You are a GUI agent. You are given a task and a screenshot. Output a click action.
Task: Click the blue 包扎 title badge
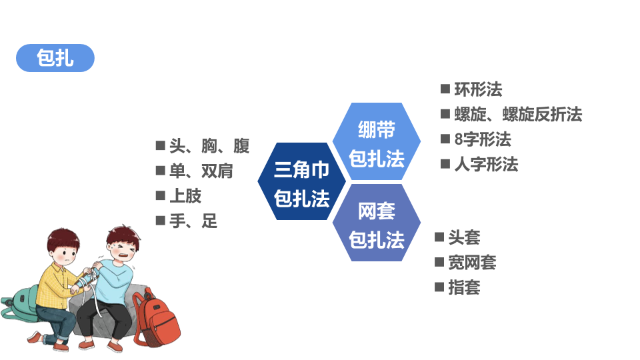pos(55,58)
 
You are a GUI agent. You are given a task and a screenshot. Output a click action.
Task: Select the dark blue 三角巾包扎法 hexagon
pos(301,181)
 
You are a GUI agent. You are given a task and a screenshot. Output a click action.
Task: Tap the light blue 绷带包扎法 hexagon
pos(376,141)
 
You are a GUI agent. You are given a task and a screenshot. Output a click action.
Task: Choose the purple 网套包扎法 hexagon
pos(376,223)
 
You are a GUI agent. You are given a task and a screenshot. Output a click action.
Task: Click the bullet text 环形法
pos(478,89)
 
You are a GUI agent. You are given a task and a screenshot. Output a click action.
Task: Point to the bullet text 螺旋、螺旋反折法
pos(518,114)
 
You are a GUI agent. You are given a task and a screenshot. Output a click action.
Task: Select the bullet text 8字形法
pos(483,139)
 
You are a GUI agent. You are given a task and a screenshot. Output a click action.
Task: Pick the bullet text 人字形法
pos(486,165)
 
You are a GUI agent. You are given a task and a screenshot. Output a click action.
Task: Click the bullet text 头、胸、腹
pos(209,146)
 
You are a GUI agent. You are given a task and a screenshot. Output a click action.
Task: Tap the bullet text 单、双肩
pos(201,171)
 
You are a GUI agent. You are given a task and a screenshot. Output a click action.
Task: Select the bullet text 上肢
pos(185,196)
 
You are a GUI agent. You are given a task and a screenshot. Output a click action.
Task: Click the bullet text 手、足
pos(193,221)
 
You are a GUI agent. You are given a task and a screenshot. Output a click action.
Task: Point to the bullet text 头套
pos(464,237)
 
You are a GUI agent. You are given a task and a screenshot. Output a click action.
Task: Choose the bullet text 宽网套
pos(472,263)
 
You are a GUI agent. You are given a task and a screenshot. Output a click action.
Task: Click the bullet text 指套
pos(464,287)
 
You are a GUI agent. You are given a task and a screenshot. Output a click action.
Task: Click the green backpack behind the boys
pos(19,303)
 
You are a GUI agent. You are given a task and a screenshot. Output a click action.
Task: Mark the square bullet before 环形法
pos(445,89)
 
